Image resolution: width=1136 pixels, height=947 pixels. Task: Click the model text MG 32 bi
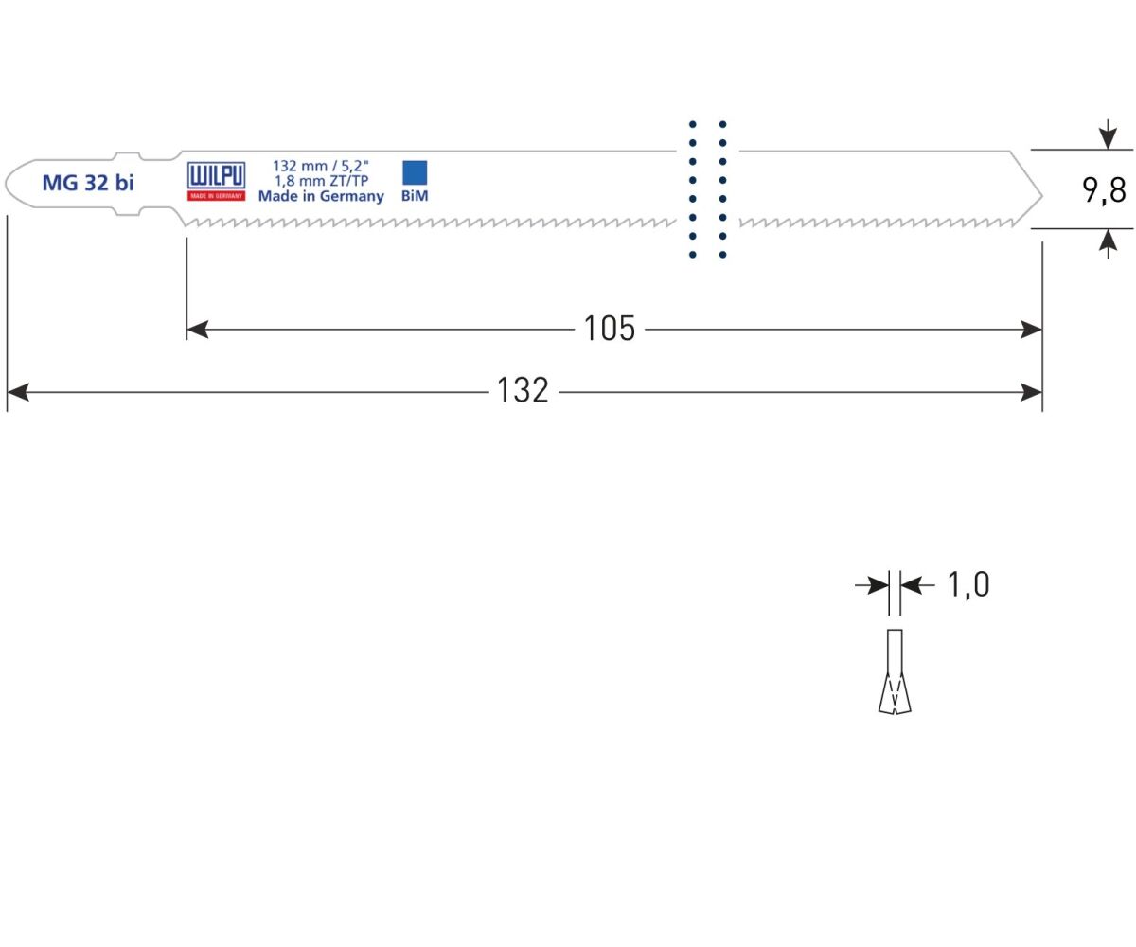[x=88, y=183]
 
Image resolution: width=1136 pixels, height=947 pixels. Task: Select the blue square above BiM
[x=415, y=172]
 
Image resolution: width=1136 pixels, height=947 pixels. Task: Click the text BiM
[x=415, y=196]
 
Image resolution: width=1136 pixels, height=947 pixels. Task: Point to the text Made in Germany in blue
[x=321, y=196]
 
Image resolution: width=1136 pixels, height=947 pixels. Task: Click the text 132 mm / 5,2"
[x=321, y=166]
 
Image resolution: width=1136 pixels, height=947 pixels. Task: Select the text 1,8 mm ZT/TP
[x=321, y=181]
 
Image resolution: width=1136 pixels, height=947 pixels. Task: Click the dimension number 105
[x=610, y=329]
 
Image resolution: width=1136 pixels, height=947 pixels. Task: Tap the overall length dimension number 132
[x=523, y=391]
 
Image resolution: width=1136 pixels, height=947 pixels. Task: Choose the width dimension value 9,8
[x=1104, y=190]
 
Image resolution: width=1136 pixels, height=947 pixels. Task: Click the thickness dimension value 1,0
[x=968, y=585]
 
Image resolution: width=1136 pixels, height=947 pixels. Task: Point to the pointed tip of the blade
[x=1041, y=196]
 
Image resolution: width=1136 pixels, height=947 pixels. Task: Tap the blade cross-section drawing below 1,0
[x=895, y=671]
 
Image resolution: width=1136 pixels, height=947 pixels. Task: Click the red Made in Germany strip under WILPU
[x=216, y=196]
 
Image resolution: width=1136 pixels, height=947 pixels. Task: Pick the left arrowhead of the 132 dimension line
[x=18, y=392]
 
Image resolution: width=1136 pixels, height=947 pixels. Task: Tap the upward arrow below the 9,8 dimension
[x=1108, y=243]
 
